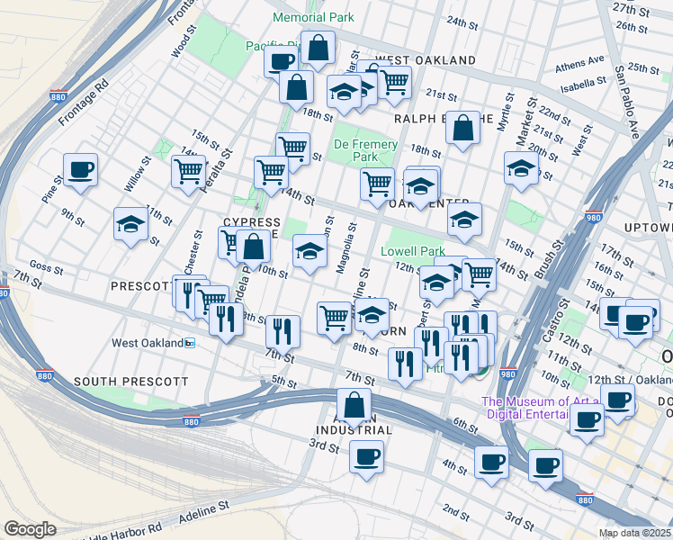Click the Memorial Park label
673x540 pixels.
314,17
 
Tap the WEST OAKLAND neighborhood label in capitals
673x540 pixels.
425,59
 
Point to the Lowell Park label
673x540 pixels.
413,251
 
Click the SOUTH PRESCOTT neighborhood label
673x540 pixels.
131,382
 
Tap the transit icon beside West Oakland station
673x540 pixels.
189,343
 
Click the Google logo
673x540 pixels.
30,529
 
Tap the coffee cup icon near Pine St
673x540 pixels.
80,170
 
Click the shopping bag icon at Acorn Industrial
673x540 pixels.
354,406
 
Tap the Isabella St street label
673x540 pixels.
581,83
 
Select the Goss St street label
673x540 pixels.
46,265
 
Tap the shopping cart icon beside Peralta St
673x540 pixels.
188,171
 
